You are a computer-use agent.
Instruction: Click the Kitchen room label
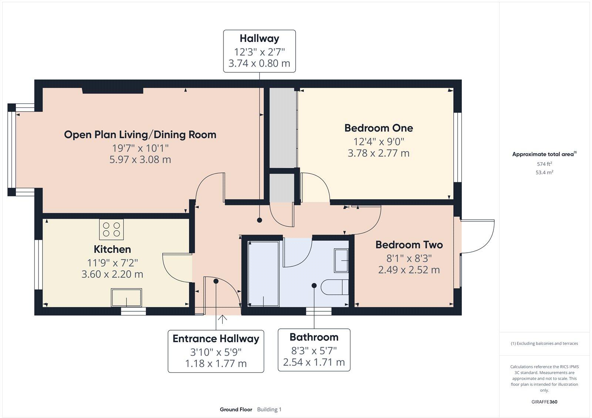[112, 249]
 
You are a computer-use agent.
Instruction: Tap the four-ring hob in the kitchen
[111, 229]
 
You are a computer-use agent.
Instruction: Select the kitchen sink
[127, 298]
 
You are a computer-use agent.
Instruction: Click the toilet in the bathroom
[335, 287]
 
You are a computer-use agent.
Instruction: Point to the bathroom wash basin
[341, 261]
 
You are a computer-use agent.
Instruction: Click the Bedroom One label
[379, 128]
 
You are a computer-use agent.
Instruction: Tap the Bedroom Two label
[409, 245]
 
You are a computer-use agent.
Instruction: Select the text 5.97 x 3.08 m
[140, 160]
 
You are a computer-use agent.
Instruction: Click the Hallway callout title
[259, 39]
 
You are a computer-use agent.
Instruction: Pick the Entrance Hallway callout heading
[216, 339]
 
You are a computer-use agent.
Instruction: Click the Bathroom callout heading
[314, 337]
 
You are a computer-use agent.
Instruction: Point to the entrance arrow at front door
[222, 319]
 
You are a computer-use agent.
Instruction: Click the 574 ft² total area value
[544, 164]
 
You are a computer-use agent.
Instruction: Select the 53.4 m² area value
[544, 172]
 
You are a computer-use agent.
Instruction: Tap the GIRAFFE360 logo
[544, 402]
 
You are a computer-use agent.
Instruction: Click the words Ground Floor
[236, 409]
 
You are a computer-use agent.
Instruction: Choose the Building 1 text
[269, 409]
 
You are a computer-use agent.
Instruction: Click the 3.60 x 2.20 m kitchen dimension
[112, 274]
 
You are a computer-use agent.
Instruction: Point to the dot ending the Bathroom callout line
[314, 286]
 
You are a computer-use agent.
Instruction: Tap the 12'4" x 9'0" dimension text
[379, 142]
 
